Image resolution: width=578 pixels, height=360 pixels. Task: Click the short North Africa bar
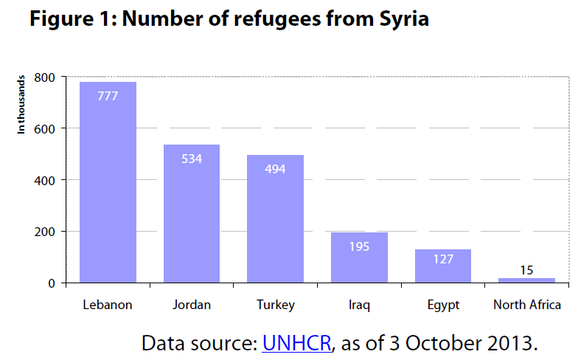(x=526, y=280)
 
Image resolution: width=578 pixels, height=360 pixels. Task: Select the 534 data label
(x=192, y=158)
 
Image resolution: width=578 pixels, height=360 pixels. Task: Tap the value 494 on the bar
(x=275, y=168)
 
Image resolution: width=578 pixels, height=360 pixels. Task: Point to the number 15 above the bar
(x=526, y=269)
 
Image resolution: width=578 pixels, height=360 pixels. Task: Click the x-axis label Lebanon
(x=108, y=305)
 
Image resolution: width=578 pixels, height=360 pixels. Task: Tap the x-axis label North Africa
(x=526, y=305)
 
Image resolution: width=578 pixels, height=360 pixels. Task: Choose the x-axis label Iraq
(x=359, y=305)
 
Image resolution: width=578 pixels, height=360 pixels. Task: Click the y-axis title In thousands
(x=22, y=103)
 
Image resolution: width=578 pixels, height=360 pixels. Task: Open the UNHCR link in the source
(x=296, y=343)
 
